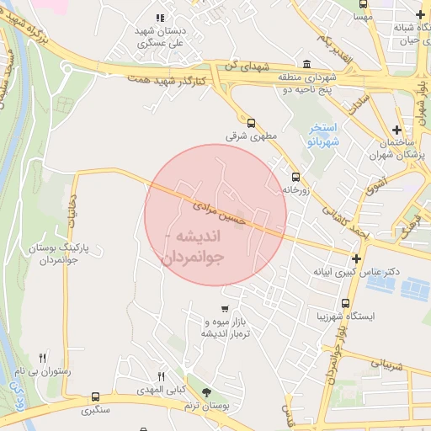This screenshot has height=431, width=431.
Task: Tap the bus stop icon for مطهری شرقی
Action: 251,123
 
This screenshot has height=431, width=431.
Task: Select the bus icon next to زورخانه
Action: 295,178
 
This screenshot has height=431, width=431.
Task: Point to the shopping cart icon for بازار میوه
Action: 224,308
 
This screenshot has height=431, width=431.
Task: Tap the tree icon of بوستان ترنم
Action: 207,392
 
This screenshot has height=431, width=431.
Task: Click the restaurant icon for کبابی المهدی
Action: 162,376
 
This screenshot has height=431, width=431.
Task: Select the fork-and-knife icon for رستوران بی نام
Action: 43,357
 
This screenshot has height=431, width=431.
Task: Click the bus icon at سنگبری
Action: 95,396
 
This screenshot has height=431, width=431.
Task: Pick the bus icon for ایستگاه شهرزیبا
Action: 345,303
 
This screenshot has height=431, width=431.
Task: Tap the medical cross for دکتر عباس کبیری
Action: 357,258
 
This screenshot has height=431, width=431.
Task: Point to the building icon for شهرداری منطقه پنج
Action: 306,65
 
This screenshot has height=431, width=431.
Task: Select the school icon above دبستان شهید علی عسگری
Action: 160,18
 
